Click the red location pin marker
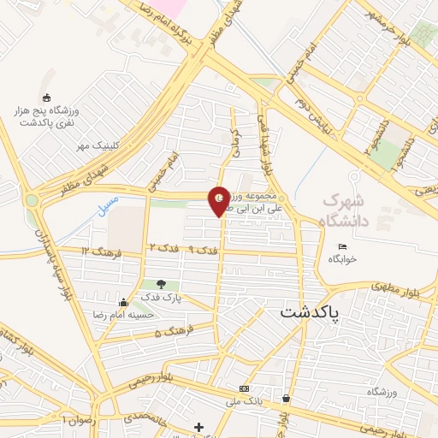click(220, 201)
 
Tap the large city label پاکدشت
click(310, 314)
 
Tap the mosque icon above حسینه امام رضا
click(124, 301)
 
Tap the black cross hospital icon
click(199, 426)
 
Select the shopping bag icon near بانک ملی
click(285, 398)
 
